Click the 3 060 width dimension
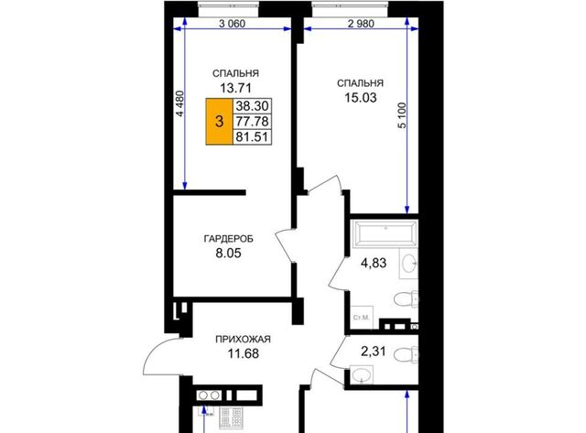pos(232,24)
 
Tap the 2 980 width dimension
pos(361,24)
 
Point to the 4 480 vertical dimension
pos(180,103)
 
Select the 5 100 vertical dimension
pos(402,115)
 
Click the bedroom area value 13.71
pos(235,88)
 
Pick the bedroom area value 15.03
pos(360,98)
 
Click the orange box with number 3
pos(219,122)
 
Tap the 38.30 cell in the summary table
pos(252,106)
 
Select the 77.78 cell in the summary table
pos(252,122)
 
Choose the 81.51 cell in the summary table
pos(252,136)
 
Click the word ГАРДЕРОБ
pos(229,238)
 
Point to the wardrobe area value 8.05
pos(228,254)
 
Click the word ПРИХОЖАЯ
pos(243,340)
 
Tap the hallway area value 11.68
pos(244,353)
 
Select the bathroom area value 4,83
pos(374,263)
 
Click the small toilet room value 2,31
pos(374,352)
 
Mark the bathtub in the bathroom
pos(385,233)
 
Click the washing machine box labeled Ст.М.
pos(362,318)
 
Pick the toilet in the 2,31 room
pos(407,354)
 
